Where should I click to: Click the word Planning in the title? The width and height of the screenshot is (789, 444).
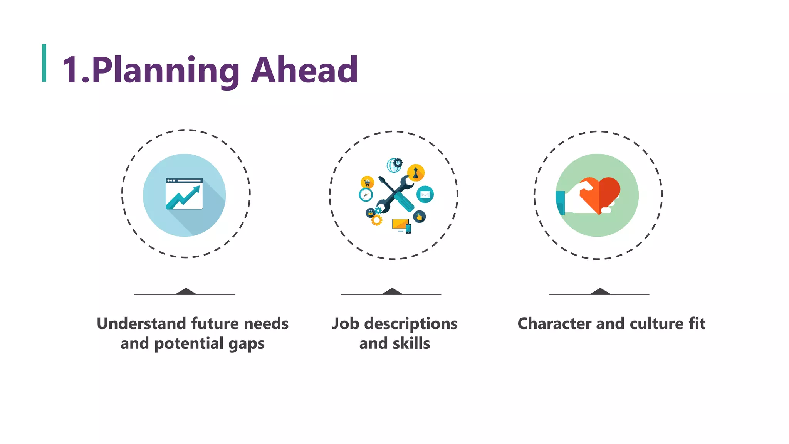(166, 70)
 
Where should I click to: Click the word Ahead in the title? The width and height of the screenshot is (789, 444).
(304, 70)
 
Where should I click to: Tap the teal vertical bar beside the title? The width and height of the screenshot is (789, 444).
(44, 63)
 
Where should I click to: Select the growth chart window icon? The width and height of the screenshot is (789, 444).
(184, 194)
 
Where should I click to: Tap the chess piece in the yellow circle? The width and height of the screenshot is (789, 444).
(416, 173)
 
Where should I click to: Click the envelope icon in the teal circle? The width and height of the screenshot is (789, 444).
(425, 194)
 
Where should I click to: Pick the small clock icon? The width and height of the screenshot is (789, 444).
(366, 195)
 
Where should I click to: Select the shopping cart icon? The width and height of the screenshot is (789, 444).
(367, 182)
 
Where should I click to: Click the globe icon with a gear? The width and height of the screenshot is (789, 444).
(394, 165)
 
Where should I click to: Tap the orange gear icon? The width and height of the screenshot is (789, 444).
(376, 220)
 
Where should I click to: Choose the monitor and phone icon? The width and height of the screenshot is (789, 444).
(401, 225)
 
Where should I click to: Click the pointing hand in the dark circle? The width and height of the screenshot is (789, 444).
(419, 217)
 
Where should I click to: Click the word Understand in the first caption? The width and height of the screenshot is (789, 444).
(141, 323)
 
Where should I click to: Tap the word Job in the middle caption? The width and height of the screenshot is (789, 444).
(346, 323)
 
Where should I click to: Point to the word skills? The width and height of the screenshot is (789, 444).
(411, 343)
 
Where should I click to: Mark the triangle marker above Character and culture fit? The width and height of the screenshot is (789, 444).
(600, 291)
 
